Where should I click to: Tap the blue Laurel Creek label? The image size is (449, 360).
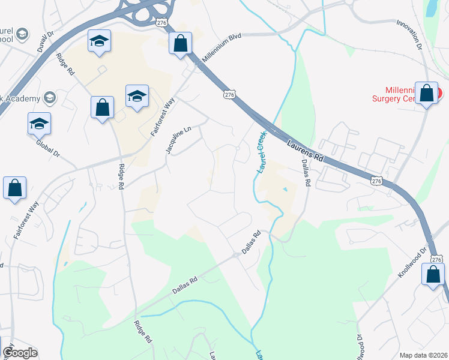(261, 152)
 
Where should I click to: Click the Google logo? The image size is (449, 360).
(20, 353)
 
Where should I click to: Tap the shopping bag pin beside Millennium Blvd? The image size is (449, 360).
(180, 43)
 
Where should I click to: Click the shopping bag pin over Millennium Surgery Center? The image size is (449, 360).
(427, 94)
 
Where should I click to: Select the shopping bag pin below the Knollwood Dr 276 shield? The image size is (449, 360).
(433, 275)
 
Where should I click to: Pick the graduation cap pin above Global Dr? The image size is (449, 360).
(39, 124)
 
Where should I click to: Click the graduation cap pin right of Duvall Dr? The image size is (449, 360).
(99, 41)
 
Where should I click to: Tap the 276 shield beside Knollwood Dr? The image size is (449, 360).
(436, 259)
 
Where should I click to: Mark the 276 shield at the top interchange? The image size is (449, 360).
(161, 22)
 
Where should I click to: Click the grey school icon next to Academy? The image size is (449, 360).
(49, 98)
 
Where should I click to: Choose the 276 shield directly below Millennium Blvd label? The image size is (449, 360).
(228, 94)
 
